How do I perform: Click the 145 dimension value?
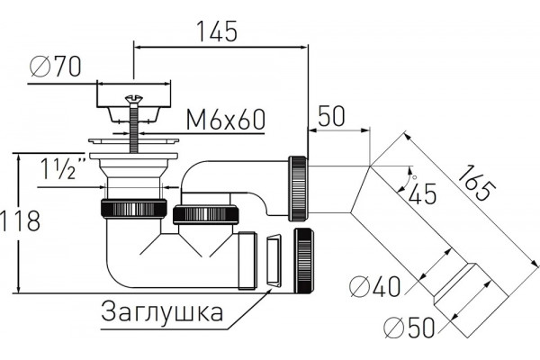[x=217, y=31]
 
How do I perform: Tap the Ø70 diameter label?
[x=56, y=67]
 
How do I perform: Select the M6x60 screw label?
[x=226, y=120]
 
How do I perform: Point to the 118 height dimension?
[x=20, y=220]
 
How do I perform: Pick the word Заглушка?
[x=162, y=311]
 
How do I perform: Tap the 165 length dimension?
[x=477, y=183]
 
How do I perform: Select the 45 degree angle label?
[x=422, y=194]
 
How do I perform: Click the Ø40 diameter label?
[x=375, y=286]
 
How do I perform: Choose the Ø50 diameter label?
[x=409, y=328]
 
